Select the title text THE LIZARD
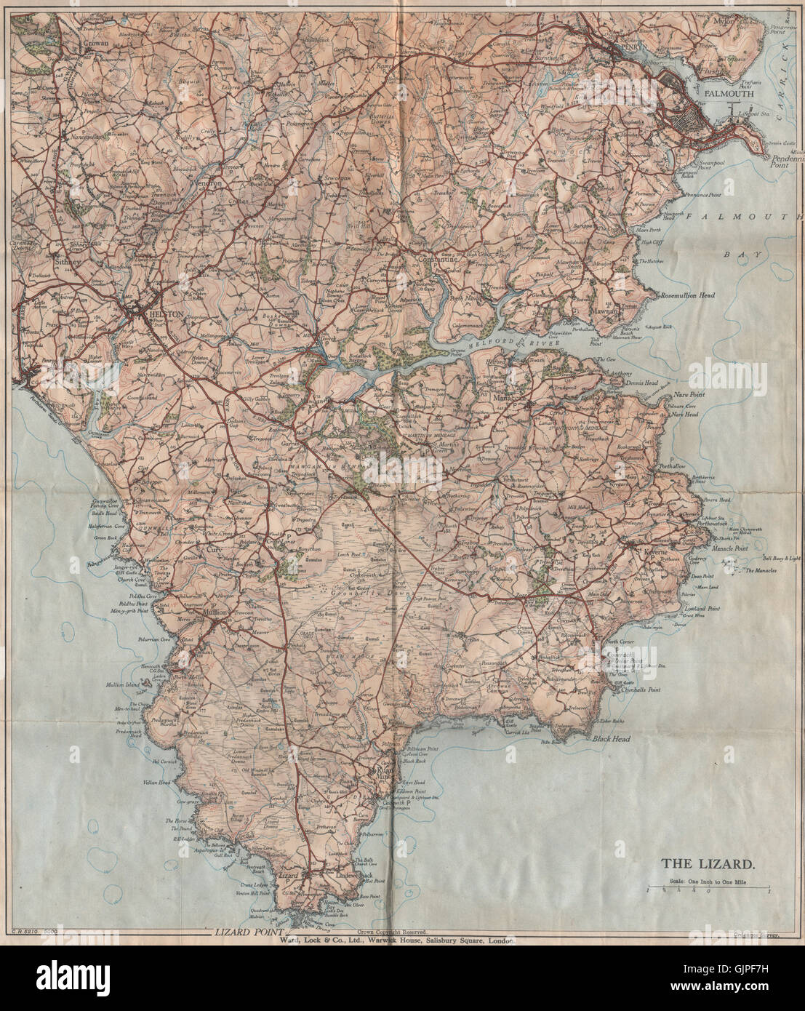pyautogui.click(x=707, y=865)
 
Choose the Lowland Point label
pyautogui.click(x=700, y=608)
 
